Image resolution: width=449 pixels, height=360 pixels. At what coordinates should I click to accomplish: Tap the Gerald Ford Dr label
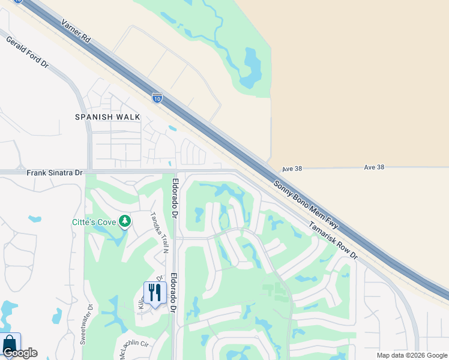[27, 52]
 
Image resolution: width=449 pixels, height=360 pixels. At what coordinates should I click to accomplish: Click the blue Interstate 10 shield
[157, 97]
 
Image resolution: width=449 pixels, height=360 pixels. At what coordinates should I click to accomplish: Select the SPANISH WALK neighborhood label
[107, 117]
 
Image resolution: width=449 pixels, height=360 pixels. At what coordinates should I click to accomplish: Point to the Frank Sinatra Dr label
[55, 173]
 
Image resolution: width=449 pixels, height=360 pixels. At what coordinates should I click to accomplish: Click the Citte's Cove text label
[94, 222]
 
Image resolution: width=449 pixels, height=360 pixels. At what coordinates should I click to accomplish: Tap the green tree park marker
[125, 222]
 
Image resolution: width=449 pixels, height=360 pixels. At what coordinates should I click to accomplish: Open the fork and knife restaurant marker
[155, 293]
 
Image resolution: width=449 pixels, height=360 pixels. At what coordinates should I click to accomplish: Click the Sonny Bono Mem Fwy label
[306, 204]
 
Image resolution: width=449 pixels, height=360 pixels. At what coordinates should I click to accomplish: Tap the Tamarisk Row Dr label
[333, 241]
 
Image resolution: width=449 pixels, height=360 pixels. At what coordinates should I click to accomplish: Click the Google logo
[20, 353]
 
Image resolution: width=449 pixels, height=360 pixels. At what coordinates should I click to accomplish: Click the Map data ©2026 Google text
[412, 355]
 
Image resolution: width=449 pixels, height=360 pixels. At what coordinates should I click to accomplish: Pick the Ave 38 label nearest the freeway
[291, 169]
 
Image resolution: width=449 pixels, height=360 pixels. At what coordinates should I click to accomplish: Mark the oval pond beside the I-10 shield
[173, 128]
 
